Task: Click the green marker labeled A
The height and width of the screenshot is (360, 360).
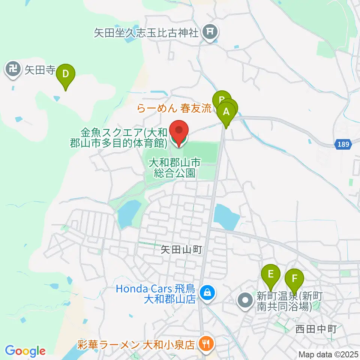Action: (226, 112)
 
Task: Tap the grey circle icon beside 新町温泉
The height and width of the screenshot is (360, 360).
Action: (246, 300)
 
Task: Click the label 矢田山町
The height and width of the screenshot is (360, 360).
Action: (181, 250)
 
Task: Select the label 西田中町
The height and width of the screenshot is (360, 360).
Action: (316, 329)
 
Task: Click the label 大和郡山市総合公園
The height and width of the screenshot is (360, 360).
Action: (175, 168)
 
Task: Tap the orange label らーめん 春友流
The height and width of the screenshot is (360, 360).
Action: (174, 109)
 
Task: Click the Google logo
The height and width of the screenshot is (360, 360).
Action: (25, 351)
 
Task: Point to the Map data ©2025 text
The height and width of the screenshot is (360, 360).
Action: (328, 354)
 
